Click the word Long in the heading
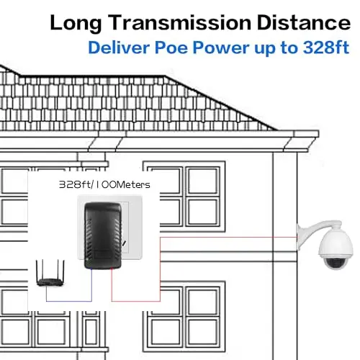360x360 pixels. click(76, 24)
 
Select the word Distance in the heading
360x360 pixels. click(304, 22)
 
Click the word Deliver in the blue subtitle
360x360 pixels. click(119, 48)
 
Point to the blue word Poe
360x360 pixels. click(171, 48)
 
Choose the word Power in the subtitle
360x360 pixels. click(221, 48)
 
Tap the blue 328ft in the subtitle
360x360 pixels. click(326, 48)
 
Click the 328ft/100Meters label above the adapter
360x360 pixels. click(104, 184)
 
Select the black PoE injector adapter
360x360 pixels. click(103, 235)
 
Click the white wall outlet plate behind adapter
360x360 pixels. click(109, 228)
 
